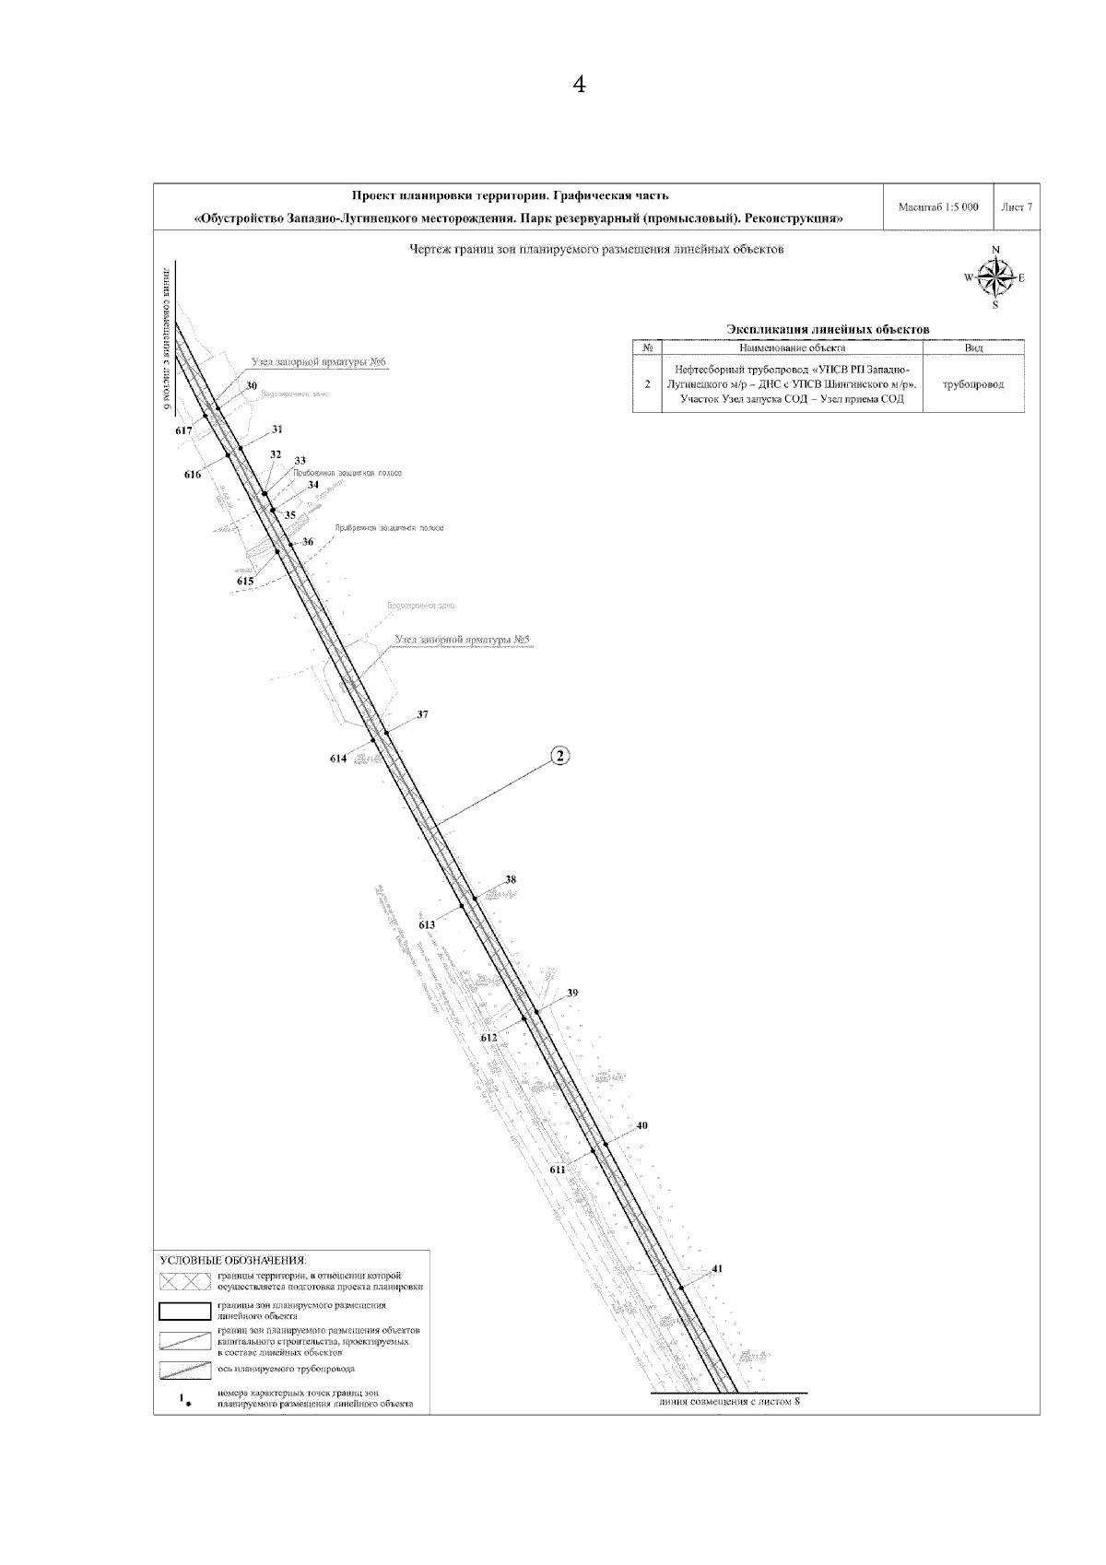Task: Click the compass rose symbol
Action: pos(994,277)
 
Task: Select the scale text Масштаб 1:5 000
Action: pos(937,207)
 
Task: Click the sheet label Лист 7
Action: pos(1016,207)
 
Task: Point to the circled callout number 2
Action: pos(560,757)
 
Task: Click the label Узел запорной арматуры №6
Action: pos(318,362)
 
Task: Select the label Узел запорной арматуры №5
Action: pos(465,639)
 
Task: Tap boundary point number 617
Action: pos(182,430)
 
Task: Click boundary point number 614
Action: pos(338,759)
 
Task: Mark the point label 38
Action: pos(511,878)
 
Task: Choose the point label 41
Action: pos(717,1268)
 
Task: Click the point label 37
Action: pos(422,714)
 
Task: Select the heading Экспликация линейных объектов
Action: pos(828,329)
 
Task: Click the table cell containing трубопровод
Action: pos(972,383)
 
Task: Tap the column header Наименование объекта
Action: pos(792,348)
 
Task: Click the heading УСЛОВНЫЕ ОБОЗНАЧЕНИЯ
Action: pos(233,1259)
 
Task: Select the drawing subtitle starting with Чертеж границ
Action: pos(596,250)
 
